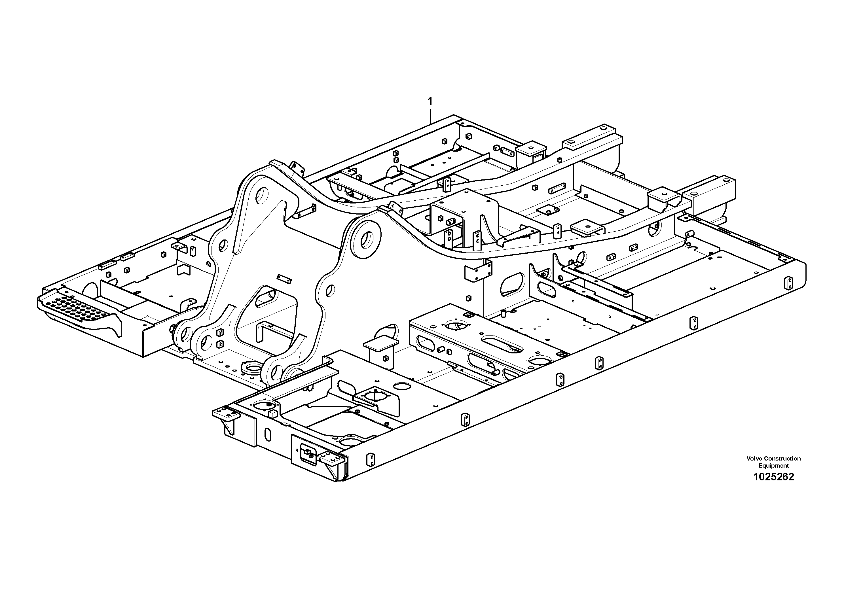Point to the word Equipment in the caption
point(774,466)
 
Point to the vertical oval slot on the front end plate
point(268,434)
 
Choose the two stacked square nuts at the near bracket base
point(220,338)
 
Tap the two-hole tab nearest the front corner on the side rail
point(371,459)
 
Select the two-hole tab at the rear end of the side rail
point(788,283)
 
